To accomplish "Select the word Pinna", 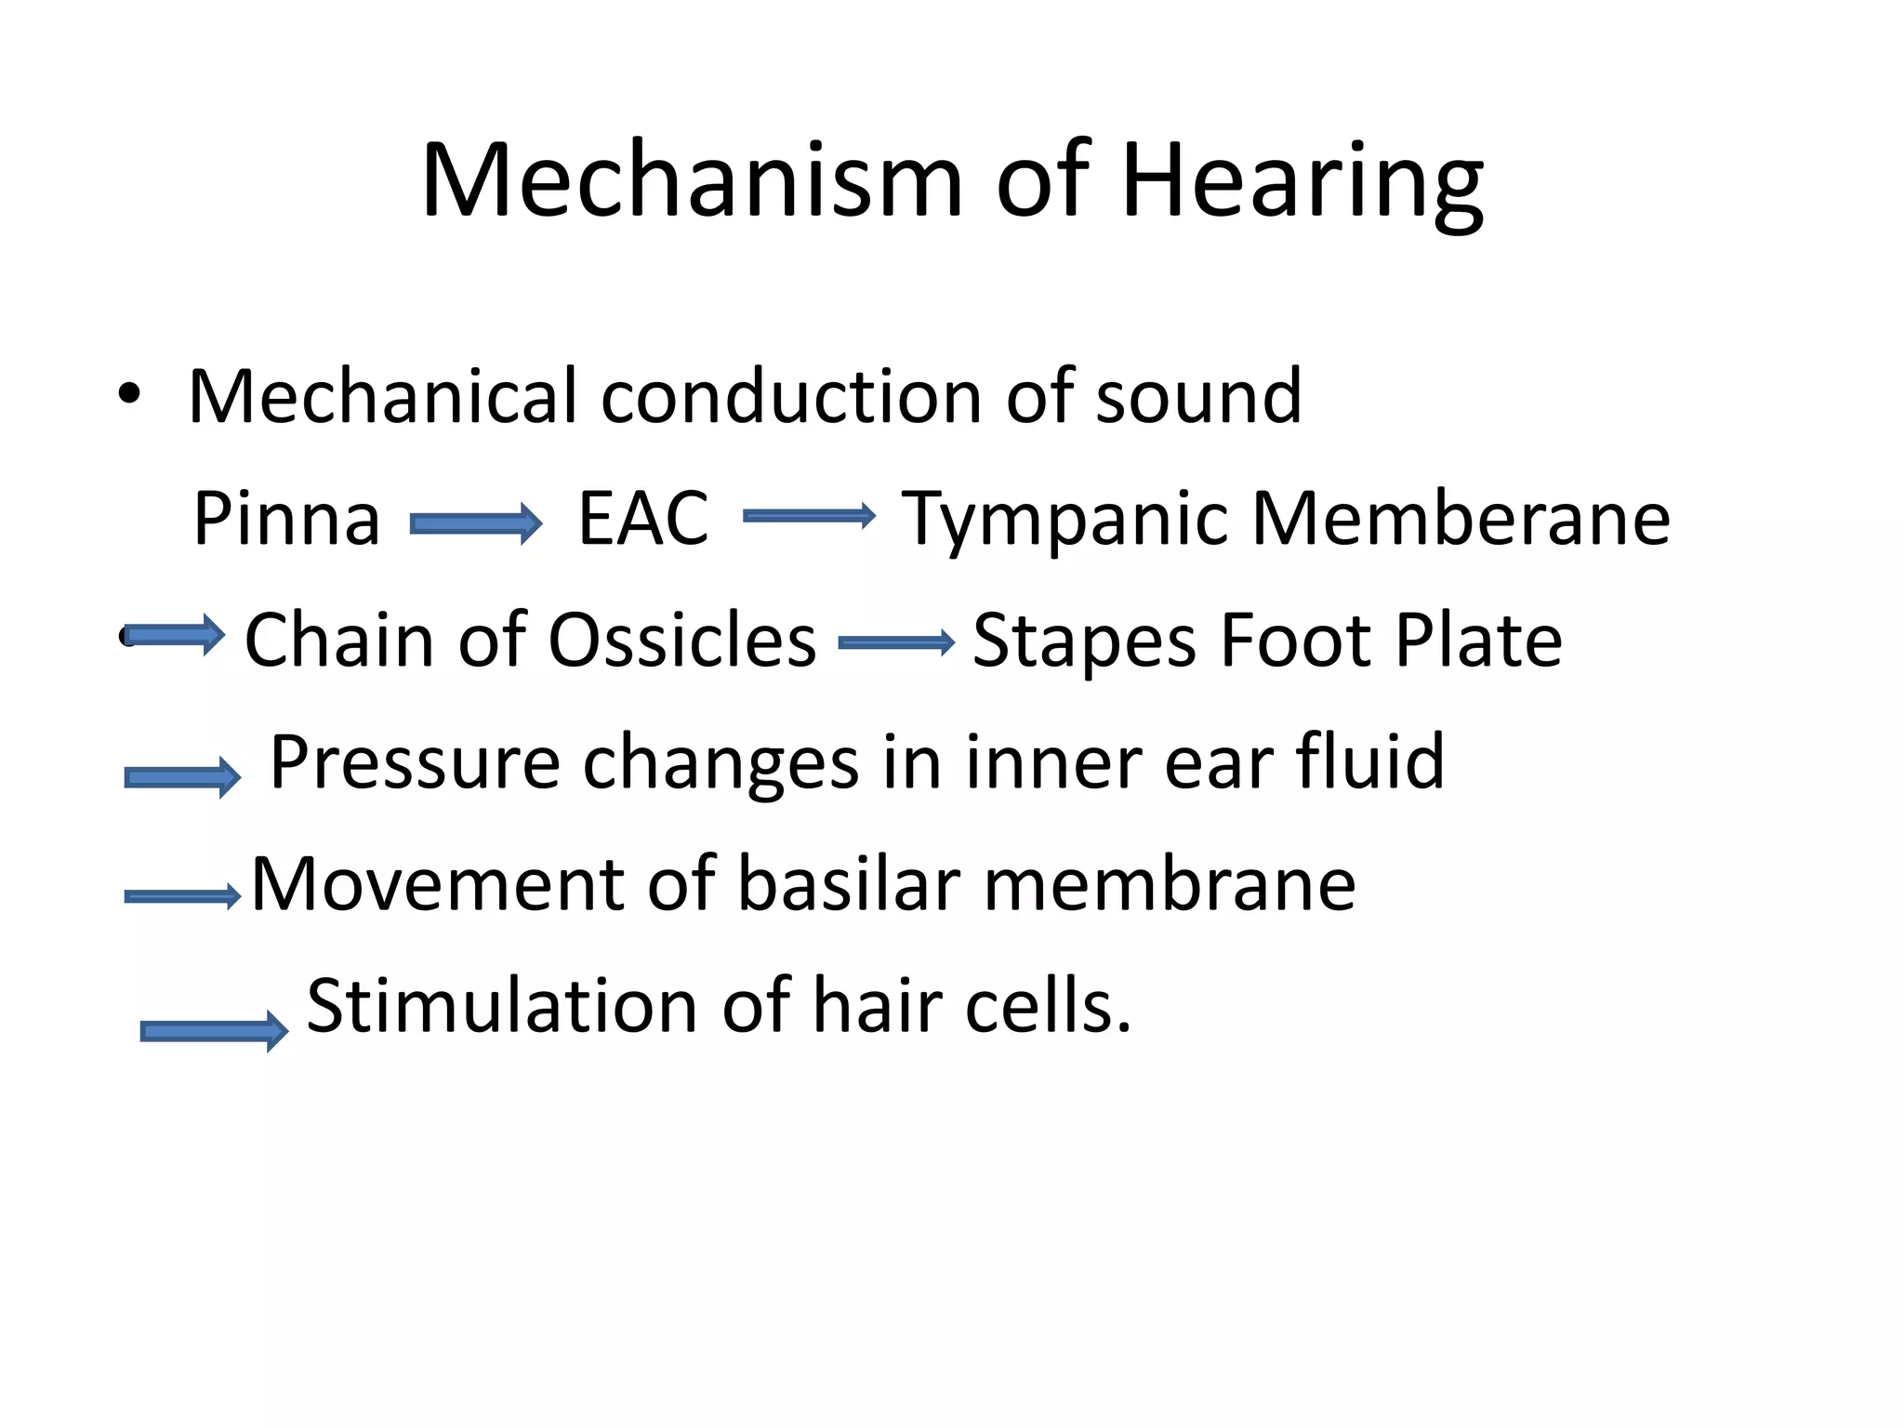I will [286, 519].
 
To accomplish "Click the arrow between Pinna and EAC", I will [476, 523].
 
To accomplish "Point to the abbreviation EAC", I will [642, 519].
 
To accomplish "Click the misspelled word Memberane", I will [1461, 519].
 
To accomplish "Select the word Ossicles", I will [681, 641].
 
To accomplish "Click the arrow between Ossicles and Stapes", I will [896, 642].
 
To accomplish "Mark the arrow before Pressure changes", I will [182, 776].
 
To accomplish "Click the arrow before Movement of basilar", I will [182, 896].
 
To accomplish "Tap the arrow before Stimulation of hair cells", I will [214, 1030].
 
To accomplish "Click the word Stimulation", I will [502, 1006].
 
